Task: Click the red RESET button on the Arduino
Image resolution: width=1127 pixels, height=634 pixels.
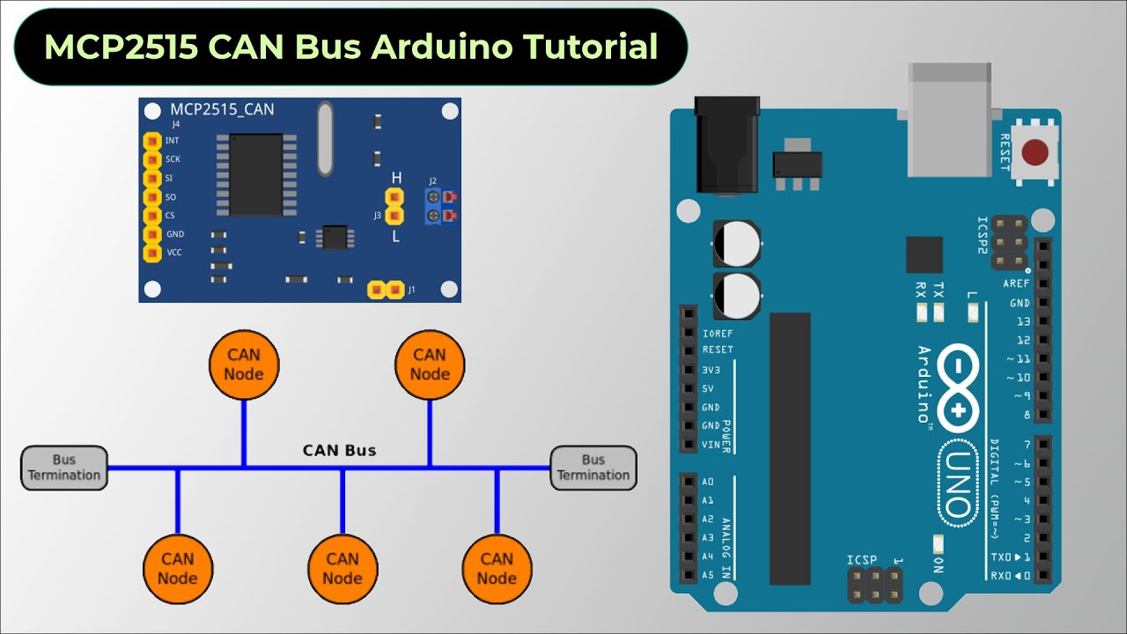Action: pyautogui.click(x=1034, y=153)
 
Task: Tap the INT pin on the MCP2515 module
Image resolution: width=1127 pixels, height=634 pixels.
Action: pyautogui.click(x=152, y=141)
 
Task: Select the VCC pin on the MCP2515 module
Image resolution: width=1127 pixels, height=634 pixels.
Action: pyautogui.click(x=152, y=253)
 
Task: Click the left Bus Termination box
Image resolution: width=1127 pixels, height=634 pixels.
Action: pyautogui.click(x=64, y=468)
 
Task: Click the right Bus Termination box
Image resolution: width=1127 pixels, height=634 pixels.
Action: pyautogui.click(x=593, y=468)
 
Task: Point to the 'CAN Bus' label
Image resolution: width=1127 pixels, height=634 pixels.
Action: pyautogui.click(x=339, y=451)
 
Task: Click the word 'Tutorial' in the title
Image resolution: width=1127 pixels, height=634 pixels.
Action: pyautogui.click(x=585, y=46)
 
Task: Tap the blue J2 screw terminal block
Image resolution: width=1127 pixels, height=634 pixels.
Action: pyautogui.click(x=433, y=206)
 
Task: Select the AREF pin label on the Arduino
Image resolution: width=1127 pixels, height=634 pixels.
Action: pyautogui.click(x=1016, y=284)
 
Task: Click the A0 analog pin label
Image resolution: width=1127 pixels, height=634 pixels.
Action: pyautogui.click(x=708, y=482)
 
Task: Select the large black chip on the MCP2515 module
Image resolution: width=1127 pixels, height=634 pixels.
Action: pyautogui.click(x=256, y=174)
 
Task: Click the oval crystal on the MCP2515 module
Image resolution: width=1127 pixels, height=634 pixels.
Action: pyautogui.click(x=325, y=137)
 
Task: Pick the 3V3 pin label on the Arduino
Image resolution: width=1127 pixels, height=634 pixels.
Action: pyautogui.click(x=711, y=370)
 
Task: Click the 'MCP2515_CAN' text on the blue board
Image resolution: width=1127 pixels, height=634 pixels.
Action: pyautogui.click(x=222, y=110)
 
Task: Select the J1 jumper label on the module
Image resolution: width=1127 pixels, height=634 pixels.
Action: pyautogui.click(x=411, y=289)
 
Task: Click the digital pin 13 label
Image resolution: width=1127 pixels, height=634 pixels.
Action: pyautogui.click(x=1021, y=321)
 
